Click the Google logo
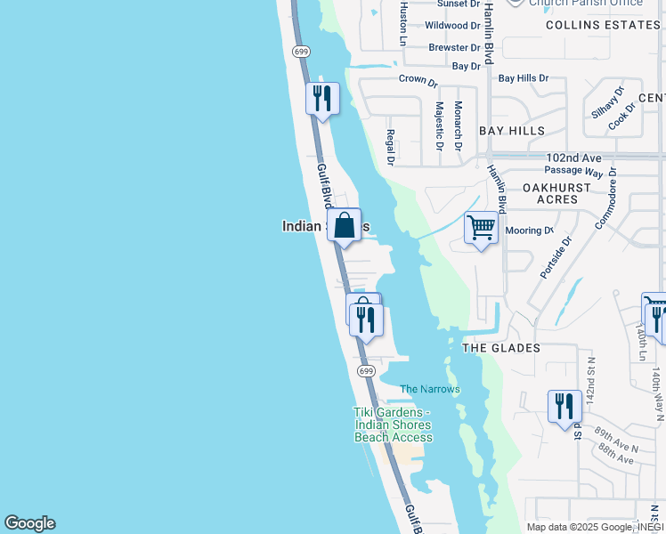pyautogui.click(x=29, y=523)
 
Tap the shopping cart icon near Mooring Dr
pyautogui.click(x=481, y=228)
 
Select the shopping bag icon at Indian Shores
pyautogui.click(x=344, y=224)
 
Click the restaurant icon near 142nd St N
pyautogui.click(x=564, y=406)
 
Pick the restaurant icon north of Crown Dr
pyautogui.click(x=322, y=97)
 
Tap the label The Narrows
pyautogui.click(x=430, y=389)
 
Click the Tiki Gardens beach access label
pyautogui.click(x=393, y=425)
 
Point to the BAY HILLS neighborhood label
pyautogui.click(x=512, y=131)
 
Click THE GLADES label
pyautogui.click(x=500, y=348)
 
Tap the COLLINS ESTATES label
pyautogui.click(x=604, y=25)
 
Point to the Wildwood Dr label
pyautogui.click(x=452, y=26)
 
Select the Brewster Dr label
pyautogui.click(x=454, y=47)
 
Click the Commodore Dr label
pyautogui.click(x=612, y=204)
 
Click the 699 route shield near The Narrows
pyautogui.click(x=365, y=370)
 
